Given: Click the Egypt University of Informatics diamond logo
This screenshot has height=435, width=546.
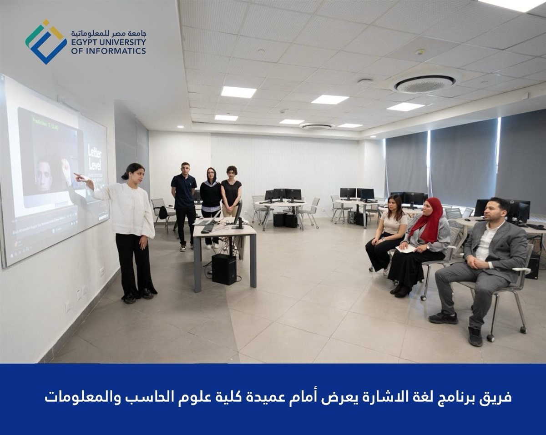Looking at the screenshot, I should tap(45, 42).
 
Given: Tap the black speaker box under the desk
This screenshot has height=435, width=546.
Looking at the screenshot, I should tap(224, 269).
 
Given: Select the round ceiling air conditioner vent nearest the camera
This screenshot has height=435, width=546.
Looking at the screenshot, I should tap(424, 84).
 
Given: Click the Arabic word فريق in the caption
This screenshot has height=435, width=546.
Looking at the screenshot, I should tap(497, 397).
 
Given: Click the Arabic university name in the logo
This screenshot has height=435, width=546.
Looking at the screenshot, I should tap(108, 34).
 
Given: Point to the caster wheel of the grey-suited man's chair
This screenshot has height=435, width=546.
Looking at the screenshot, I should tap(491, 338).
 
